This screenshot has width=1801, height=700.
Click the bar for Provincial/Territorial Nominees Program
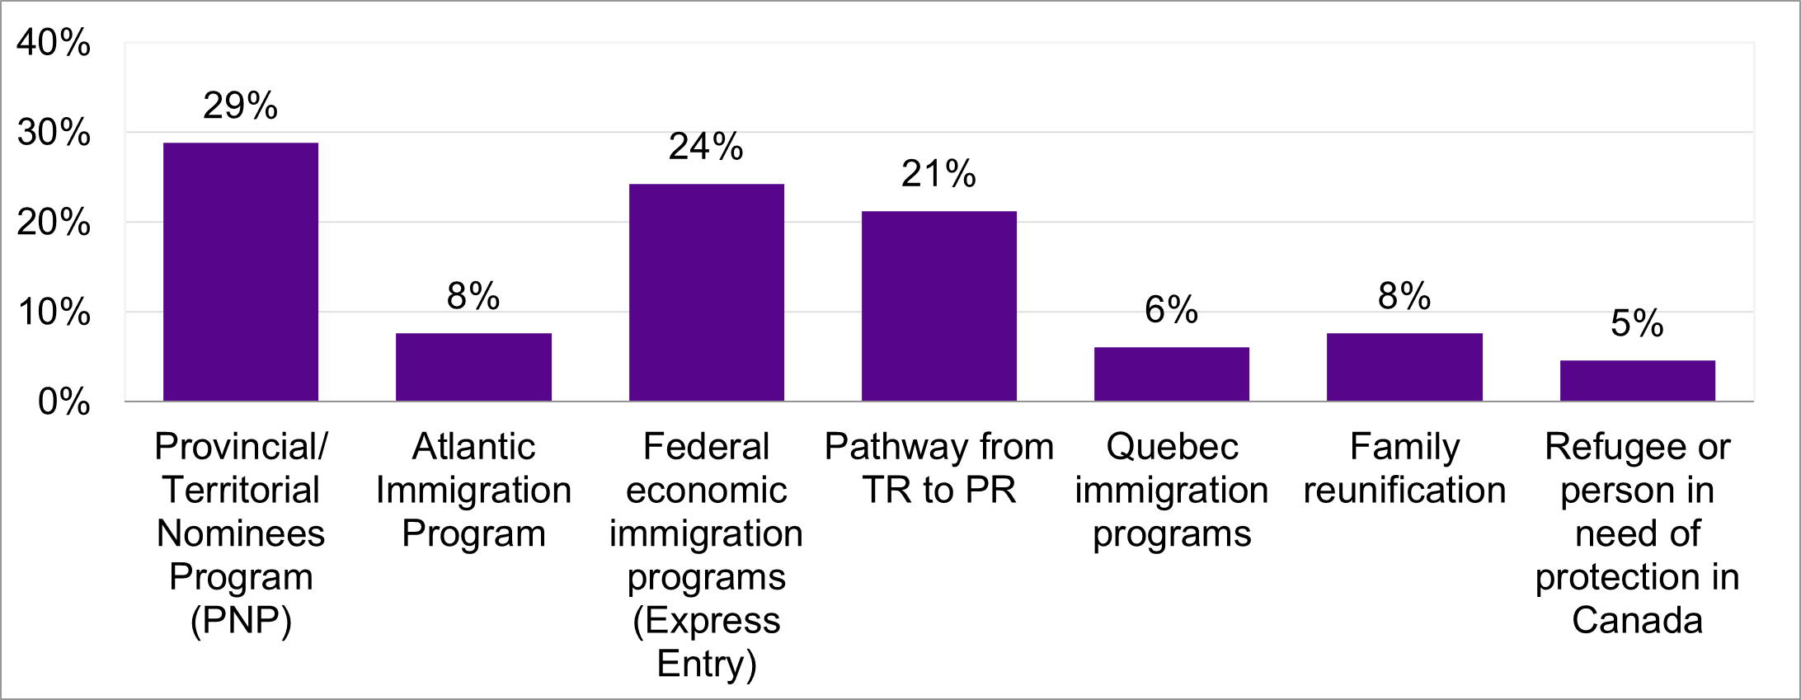(x=241, y=272)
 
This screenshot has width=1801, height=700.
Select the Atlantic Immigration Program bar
(x=473, y=367)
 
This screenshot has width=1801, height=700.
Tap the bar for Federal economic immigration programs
(x=707, y=293)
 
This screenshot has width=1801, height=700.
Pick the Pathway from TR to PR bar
(x=939, y=306)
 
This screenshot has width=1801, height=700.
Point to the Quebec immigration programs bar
(x=1172, y=374)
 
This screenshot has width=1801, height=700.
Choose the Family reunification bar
(x=1404, y=367)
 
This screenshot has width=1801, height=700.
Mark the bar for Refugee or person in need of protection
(x=1637, y=381)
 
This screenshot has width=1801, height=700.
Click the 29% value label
(x=241, y=106)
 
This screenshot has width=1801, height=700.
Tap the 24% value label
(x=706, y=147)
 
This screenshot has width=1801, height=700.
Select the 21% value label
(x=938, y=174)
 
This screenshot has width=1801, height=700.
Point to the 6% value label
(x=1171, y=310)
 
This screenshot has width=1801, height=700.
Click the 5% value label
(x=1637, y=323)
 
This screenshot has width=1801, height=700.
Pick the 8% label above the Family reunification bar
(x=1404, y=296)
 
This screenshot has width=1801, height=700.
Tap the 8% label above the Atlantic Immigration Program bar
(x=473, y=296)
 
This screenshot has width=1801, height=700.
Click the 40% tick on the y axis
(x=54, y=43)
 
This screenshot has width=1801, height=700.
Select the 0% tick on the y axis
(x=63, y=402)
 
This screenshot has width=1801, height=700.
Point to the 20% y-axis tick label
(x=54, y=223)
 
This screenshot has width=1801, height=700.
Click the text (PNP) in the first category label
(x=241, y=621)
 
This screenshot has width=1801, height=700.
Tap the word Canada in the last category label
(x=1637, y=621)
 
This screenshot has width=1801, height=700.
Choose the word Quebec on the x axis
(x=1172, y=447)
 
